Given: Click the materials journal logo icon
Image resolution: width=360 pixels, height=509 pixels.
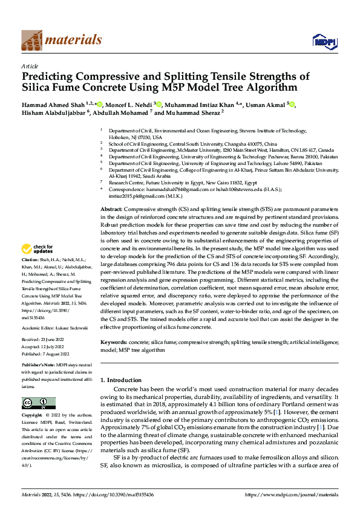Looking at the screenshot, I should [32, 39].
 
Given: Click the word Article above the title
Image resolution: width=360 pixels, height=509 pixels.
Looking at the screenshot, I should [30, 66].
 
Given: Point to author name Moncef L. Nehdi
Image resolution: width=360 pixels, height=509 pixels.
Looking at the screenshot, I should [131, 104].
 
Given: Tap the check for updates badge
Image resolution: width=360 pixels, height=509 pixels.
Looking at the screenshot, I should [39, 249].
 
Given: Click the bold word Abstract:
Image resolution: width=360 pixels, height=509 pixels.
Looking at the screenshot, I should [113, 208].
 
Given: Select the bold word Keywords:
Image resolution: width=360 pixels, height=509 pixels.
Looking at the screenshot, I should [116, 342].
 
